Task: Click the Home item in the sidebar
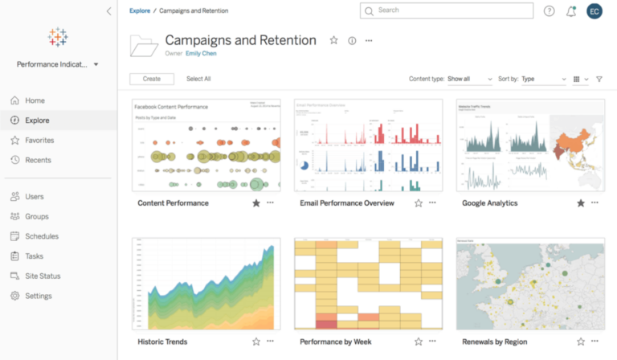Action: coord(35,100)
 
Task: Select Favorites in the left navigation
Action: coord(39,140)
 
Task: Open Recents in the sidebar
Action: coord(38,160)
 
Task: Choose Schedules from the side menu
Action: coord(41,236)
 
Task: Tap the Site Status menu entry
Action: coord(43,276)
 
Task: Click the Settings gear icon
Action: coord(15,296)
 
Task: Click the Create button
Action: coord(152,79)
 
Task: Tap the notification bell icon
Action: coord(571,11)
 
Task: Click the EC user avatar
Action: coord(595,11)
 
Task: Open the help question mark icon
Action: coord(550,11)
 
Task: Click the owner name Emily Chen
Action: coord(201,53)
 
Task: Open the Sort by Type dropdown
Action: coord(543,79)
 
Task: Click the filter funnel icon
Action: coord(599,79)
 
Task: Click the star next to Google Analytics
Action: coord(581,203)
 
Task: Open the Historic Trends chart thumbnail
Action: coord(206,284)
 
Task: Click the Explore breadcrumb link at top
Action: coord(140,10)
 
